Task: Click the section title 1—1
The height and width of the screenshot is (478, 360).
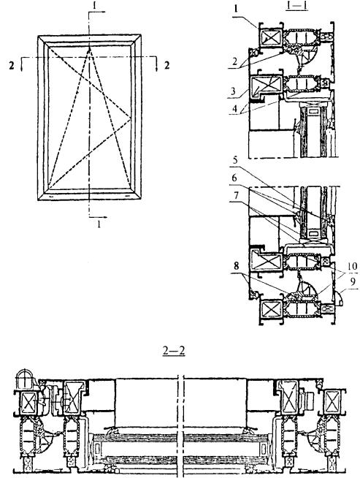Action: coord(296,6)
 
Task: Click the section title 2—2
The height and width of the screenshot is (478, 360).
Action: coord(174,351)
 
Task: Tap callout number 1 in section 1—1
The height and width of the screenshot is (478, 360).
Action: coord(236,9)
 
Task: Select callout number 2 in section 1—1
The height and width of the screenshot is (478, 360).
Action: coord(235,61)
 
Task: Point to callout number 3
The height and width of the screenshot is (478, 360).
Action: coord(233,91)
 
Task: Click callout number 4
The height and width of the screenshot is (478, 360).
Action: coord(234,108)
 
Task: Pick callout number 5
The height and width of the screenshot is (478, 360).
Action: coord(235,160)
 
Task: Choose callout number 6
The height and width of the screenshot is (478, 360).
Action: coord(234,178)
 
